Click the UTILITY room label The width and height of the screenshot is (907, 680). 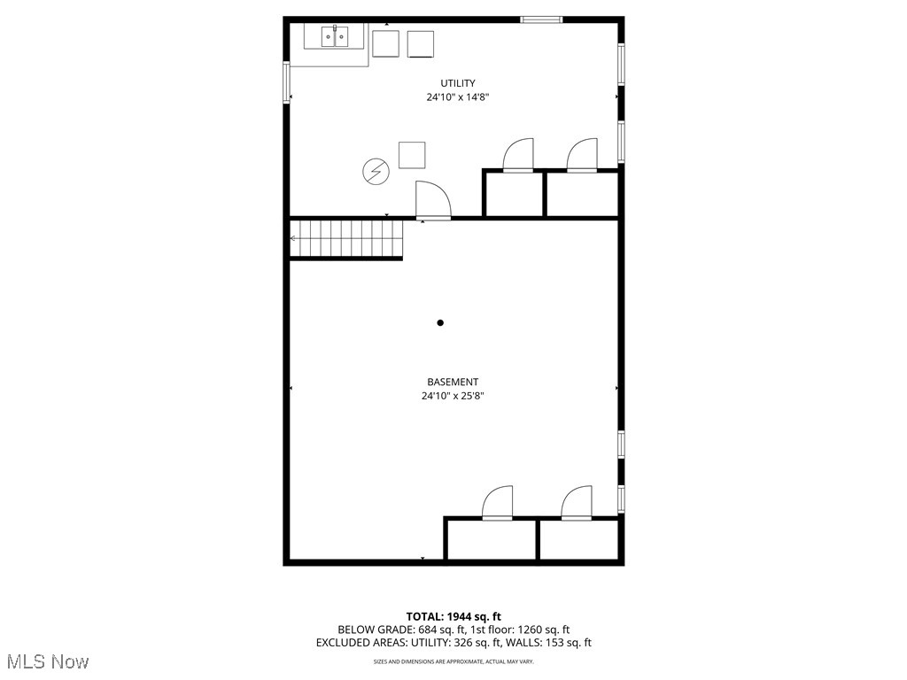(457, 83)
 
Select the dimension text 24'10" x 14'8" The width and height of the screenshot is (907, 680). (457, 97)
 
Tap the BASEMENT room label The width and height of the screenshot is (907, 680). (453, 382)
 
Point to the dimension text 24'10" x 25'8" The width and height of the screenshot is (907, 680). (453, 397)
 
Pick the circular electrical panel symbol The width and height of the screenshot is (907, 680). (375, 170)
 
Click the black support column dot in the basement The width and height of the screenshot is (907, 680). (440, 323)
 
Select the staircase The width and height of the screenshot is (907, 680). (346, 238)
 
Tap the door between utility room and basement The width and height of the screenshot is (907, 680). (432, 201)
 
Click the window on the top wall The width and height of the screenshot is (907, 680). (541, 19)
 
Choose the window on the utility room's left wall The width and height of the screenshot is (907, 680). (287, 82)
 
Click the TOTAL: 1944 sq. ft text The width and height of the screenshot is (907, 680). (453, 616)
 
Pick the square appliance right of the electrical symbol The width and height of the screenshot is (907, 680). (412, 155)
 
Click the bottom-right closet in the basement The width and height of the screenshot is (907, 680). (578, 539)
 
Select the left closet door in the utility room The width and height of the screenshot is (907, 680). (518, 156)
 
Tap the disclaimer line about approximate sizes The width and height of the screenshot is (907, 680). (453, 661)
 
